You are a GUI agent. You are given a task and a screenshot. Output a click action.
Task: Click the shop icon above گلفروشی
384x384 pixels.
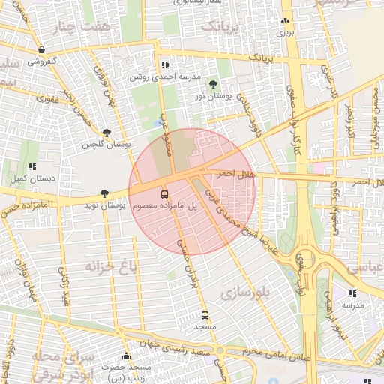point(40,50)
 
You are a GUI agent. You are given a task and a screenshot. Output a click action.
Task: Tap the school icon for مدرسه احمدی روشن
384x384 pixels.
point(165,65)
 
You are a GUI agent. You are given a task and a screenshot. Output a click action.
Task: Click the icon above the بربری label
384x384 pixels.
point(285,22)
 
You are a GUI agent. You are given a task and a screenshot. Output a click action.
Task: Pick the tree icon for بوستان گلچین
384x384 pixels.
point(107,132)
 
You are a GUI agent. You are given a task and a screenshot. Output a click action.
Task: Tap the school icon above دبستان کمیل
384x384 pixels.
point(31,167)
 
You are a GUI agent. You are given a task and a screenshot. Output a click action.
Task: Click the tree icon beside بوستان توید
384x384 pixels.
point(105,193)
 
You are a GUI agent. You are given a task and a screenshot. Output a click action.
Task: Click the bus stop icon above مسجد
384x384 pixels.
point(205,315)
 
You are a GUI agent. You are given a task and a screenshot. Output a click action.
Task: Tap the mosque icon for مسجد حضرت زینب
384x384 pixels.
point(126,355)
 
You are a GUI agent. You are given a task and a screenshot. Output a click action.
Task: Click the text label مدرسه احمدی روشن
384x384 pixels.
point(166,77)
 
